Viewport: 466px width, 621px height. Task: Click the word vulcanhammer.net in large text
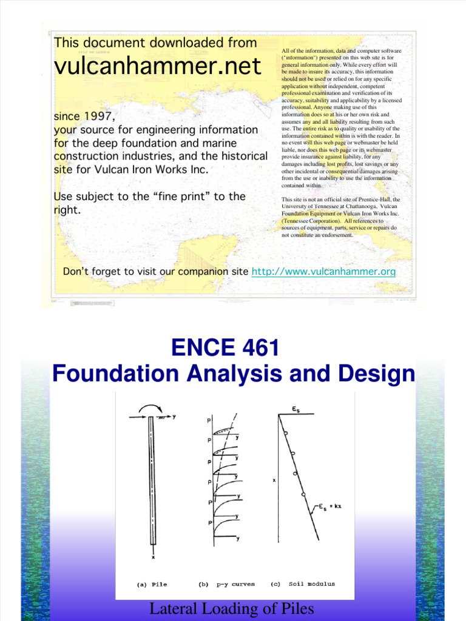click(157, 66)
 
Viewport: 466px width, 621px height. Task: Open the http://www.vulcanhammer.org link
click(323, 272)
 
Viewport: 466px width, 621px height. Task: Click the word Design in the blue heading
click(376, 374)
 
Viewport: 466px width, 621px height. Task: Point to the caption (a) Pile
click(150, 585)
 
